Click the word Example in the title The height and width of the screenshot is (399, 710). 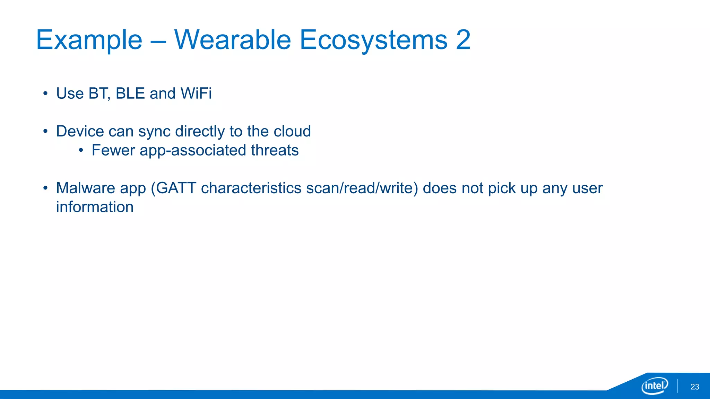(89, 41)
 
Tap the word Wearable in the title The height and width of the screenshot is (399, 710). (232, 40)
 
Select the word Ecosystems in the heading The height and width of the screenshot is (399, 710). (373, 41)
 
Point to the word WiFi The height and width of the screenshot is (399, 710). (196, 94)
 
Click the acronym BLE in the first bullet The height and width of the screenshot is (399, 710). (130, 94)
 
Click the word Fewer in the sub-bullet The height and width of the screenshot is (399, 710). (113, 150)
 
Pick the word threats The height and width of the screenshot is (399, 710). (275, 150)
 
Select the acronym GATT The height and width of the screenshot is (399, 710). (176, 188)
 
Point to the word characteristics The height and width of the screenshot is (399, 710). (251, 188)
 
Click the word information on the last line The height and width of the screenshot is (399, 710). (95, 207)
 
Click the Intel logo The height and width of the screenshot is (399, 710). (655, 385)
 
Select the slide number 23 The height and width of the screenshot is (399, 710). (695, 387)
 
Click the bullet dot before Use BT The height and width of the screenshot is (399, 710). (45, 94)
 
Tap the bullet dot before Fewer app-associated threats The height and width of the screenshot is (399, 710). (81, 151)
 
